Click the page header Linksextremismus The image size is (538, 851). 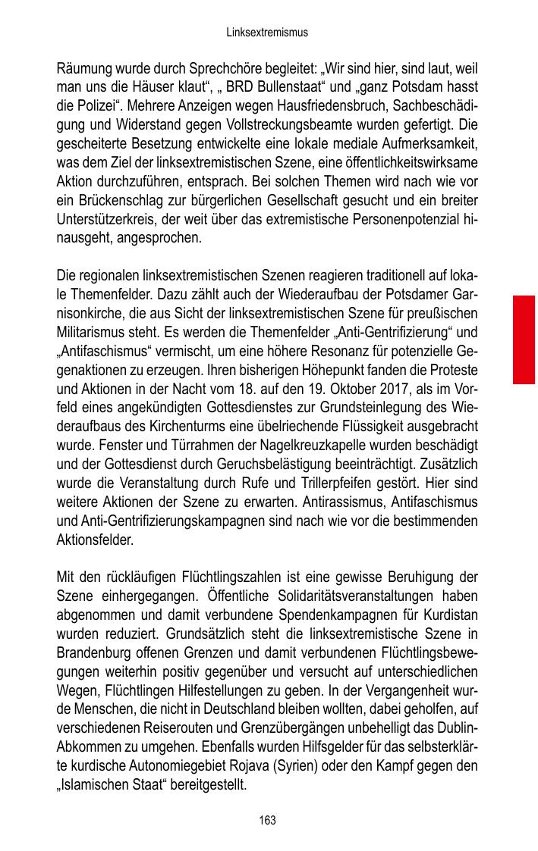[268, 33]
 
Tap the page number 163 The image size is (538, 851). [267, 821]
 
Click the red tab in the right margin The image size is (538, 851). [524, 339]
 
